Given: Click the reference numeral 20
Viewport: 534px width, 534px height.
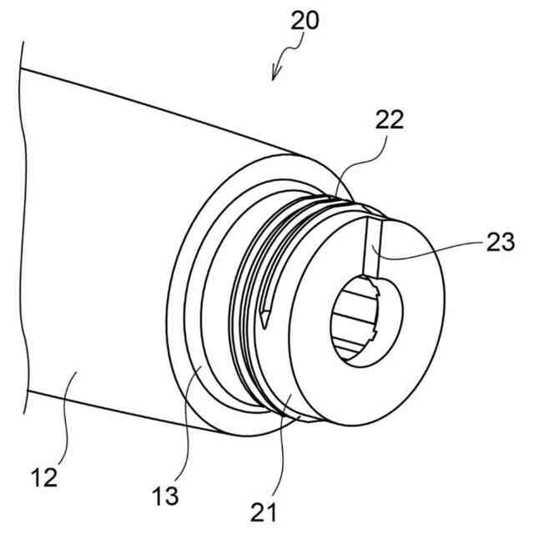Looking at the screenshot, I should point(306,21).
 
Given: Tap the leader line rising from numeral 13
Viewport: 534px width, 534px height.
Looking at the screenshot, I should point(187,426).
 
